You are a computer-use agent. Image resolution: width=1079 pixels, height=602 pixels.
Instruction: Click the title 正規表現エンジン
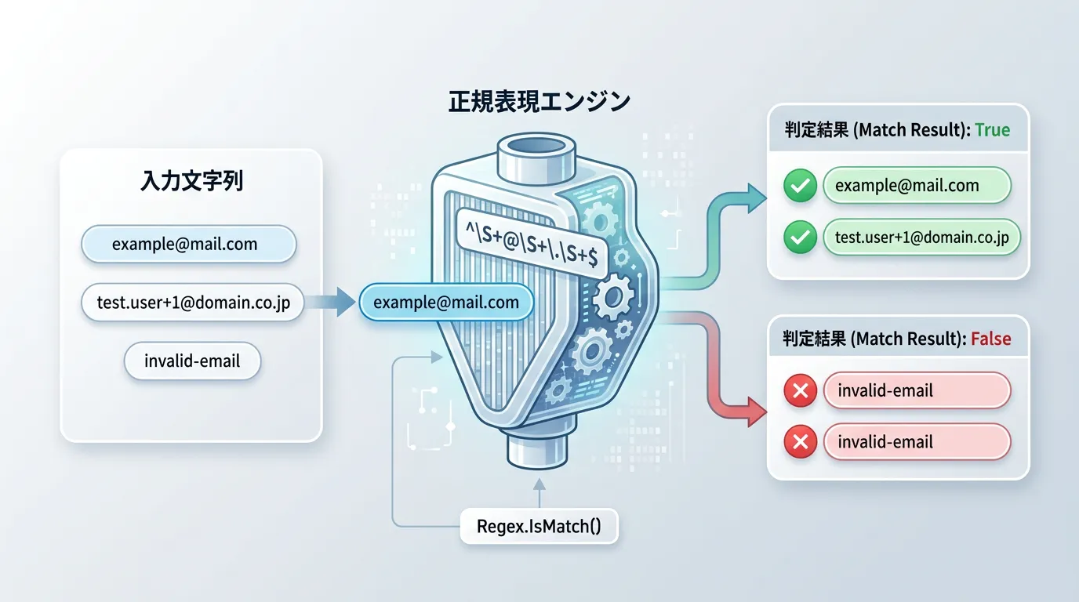click(539, 102)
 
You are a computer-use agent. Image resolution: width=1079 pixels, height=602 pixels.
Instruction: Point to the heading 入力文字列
click(191, 181)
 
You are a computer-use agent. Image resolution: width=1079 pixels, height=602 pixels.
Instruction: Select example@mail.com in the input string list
click(188, 244)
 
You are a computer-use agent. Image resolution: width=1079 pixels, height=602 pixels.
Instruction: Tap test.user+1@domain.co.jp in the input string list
click(192, 303)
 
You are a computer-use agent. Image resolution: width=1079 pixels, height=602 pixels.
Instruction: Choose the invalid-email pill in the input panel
click(192, 361)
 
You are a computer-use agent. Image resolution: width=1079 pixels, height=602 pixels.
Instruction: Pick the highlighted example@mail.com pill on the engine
click(445, 303)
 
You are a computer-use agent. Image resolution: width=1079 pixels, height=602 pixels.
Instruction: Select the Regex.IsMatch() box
click(539, 526)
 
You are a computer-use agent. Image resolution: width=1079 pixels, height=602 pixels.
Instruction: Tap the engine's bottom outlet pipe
click(539, 451)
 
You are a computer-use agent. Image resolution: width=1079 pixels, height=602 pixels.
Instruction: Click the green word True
click(992, 130)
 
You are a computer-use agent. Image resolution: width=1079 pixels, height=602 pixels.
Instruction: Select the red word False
click(990, 339)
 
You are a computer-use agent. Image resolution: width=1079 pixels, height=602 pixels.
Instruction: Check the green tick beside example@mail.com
click(800, 187)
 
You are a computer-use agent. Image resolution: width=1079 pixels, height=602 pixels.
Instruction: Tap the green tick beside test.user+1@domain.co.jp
click(800, 238)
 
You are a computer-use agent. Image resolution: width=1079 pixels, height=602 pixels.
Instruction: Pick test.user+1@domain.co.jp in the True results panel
click(921, 238)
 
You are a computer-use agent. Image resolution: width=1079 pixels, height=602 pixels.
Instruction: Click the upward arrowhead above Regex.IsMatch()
click(539, 485)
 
